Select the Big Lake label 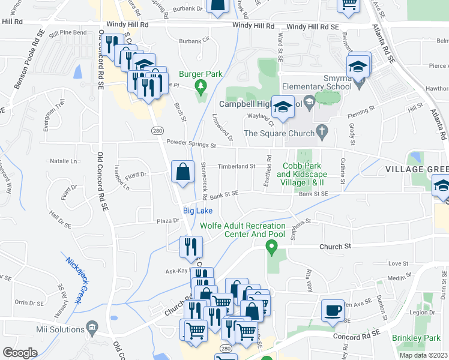pyautogui.click(x=197, y=211)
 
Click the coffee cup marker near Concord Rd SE pyautogui.click(x=333, y=311)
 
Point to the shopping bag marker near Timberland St pyautogui.click(x=182, y=172)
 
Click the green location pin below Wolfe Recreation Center pyautogui.click(x=271, y=246)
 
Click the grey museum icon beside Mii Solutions pyautogui.click(x=92, y=328)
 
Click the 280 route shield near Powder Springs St pyautogui.click(x=158, y=130)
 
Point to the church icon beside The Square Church pyautogui.click(x=322, y=130)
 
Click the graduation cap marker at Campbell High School pyautogui.click(x=283, y=107)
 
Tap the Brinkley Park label pyautogui.click(x=417, y=338)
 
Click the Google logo pyautogui.click(x=20, y=353)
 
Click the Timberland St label pyautogui.click(x=236, y=166)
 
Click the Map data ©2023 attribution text pyautogui.click(x=424, y=355)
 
